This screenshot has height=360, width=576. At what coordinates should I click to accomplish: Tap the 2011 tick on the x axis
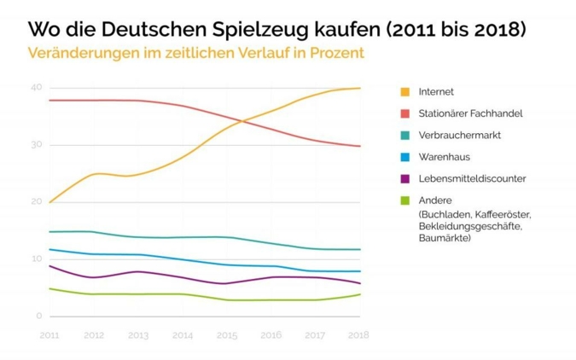coord(49,335)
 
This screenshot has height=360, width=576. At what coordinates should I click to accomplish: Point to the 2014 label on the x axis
coord(183,335)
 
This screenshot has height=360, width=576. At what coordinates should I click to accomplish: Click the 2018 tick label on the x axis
coord(359,335)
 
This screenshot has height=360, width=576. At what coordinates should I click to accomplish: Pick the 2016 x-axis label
coord(271,335)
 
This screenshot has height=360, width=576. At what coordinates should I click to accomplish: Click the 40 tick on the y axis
coord(36,88)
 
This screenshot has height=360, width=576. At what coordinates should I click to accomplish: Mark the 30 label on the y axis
coord(36,145)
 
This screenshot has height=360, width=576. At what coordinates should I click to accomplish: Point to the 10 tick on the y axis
coord(36,259)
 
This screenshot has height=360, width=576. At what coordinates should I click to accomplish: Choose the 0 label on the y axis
coord(38,316)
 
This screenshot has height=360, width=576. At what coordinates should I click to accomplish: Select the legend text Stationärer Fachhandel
coord(470,113)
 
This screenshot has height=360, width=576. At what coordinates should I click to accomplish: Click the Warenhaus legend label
coord(444,157)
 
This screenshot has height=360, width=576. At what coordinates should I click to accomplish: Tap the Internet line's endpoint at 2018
coord(359,88)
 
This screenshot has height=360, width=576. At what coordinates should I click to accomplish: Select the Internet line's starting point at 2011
coord(49,202)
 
